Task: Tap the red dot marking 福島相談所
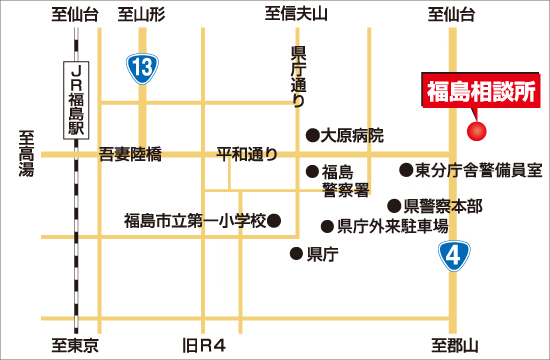(x=477, y=130)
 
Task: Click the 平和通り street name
(x=244, y=154)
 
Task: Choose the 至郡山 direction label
(x=456, y=346)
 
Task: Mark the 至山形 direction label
(x=140, y=14)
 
